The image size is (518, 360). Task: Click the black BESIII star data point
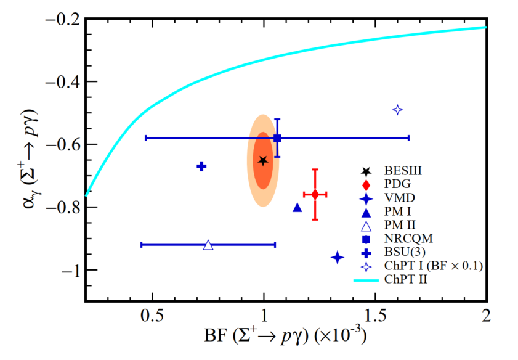point(264,161)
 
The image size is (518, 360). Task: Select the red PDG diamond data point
point(315,195)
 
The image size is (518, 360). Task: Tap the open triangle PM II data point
point(208,245)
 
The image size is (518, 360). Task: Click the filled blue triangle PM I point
point(297,208)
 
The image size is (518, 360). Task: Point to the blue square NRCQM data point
point(277,138)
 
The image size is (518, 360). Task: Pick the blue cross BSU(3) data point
point(201,166)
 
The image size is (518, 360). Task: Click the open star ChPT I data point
point(398,110)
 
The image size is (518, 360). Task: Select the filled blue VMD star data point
point(337,257)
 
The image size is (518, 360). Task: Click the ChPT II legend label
point(407,279)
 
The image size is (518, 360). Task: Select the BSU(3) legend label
point(404,252)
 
